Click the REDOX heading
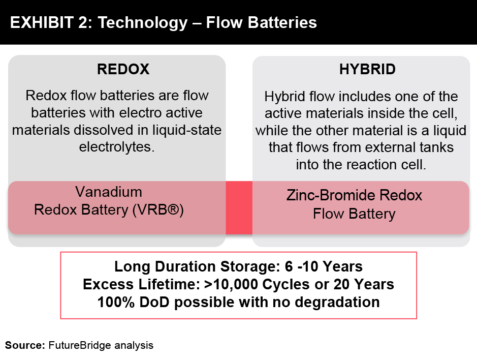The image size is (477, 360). tap(123, 69)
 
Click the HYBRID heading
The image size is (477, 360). tap(367, 69)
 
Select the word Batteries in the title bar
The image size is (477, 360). tap(282, 22)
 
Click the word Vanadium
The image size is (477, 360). tap(109, 192)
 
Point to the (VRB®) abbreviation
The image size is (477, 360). tap(158, 210)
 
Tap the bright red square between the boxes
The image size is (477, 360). tap(239, 208)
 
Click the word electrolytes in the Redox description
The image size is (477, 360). tap(117, 147)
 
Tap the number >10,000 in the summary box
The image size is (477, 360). tap(231, 284)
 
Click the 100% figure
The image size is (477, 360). tap(116, 303)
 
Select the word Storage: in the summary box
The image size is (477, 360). tap(250, 266)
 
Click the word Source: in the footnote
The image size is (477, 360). tap(25, 345)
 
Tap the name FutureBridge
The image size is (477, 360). tap(80, 345)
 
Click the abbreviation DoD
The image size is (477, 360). tap(154, 303)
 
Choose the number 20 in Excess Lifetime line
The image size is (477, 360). tap(342, 284)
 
